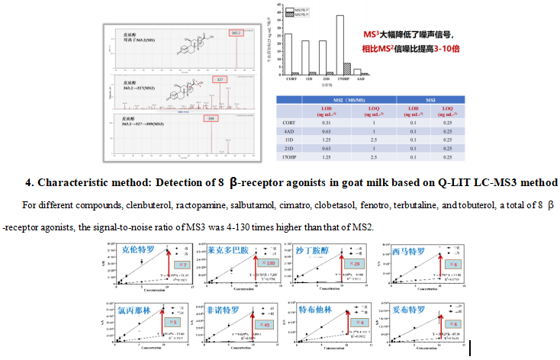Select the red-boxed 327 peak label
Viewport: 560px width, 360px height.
220,79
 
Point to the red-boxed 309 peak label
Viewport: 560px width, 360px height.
209,119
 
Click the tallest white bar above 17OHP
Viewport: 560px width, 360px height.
340,44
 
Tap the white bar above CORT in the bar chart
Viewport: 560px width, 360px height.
288,53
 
